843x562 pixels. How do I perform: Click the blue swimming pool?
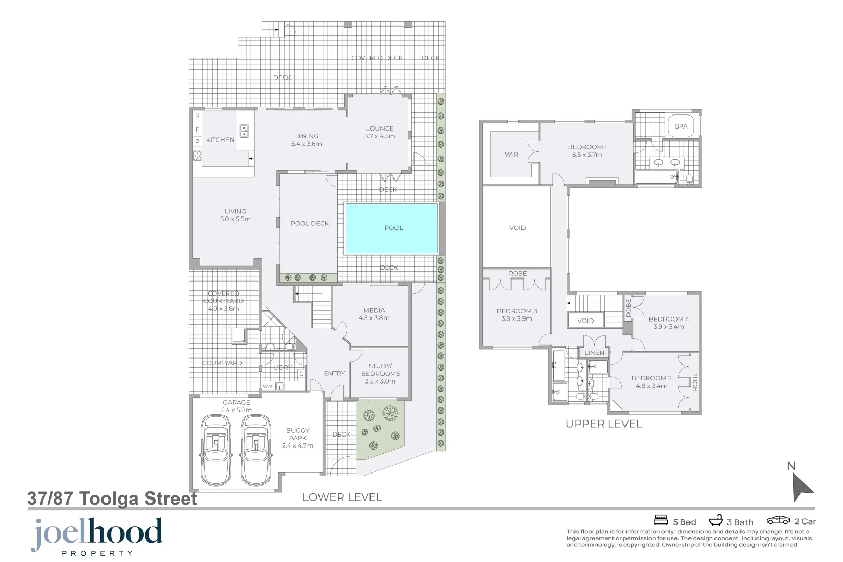(x=391, y=228)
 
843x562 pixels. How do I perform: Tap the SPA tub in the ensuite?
(x=681, y=126)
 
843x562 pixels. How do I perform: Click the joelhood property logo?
(x=97, y=536)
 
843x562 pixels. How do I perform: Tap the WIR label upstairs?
(x=511, y=155)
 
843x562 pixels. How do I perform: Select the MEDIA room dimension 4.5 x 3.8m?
(x=374, y=318)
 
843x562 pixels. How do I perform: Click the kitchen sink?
(x=244, y=131)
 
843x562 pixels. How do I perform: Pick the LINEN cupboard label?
(x=594, y=353)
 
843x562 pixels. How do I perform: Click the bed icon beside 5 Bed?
(x=660, y=520)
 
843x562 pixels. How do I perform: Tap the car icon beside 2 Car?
(x=778, y=520)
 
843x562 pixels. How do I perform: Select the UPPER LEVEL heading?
(x=604, y=424)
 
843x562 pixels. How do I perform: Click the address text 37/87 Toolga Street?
(x=112, y=499)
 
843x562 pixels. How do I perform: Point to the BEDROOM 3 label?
(x=516, y=311)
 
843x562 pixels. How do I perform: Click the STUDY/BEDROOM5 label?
(x=380, y=370)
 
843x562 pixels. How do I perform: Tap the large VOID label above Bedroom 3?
(x=517, y=228)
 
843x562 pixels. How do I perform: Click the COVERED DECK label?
(x=377, y=58)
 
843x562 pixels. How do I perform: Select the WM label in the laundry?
(x=267, y=386)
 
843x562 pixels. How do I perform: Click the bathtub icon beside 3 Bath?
(x=716, y=520)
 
